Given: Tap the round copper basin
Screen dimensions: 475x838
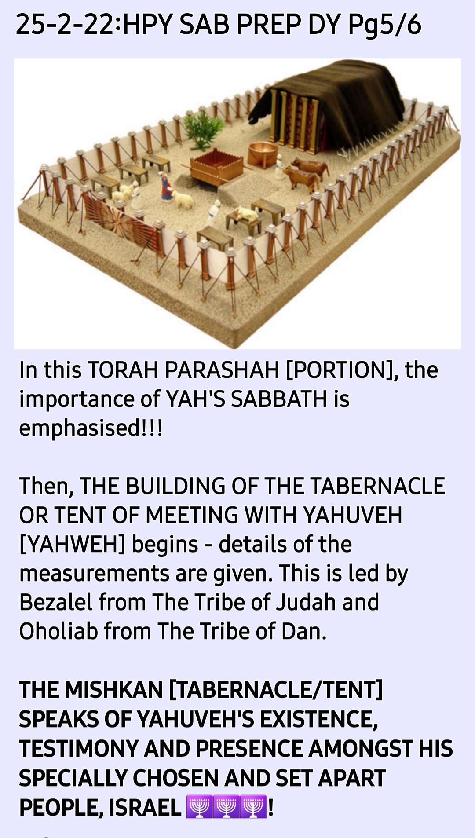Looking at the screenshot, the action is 263,154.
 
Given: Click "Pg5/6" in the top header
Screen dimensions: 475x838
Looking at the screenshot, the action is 385,25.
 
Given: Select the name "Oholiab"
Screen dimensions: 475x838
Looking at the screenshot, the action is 58,631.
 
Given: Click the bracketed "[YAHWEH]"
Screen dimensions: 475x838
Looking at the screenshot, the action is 73,544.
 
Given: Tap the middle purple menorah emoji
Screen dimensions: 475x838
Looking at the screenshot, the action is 227,807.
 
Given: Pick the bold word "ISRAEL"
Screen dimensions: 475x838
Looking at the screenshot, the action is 145,807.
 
